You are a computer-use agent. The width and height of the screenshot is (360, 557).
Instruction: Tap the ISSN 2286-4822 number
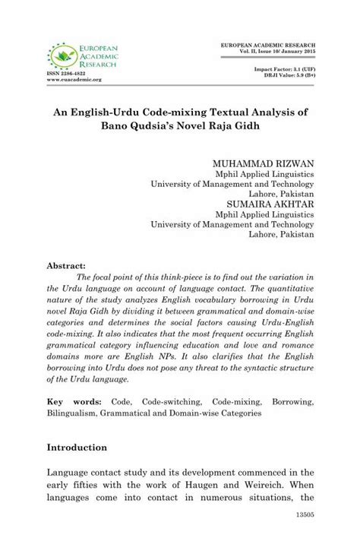coord(66,74)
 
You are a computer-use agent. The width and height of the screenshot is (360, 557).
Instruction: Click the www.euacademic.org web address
coord(74,80)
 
